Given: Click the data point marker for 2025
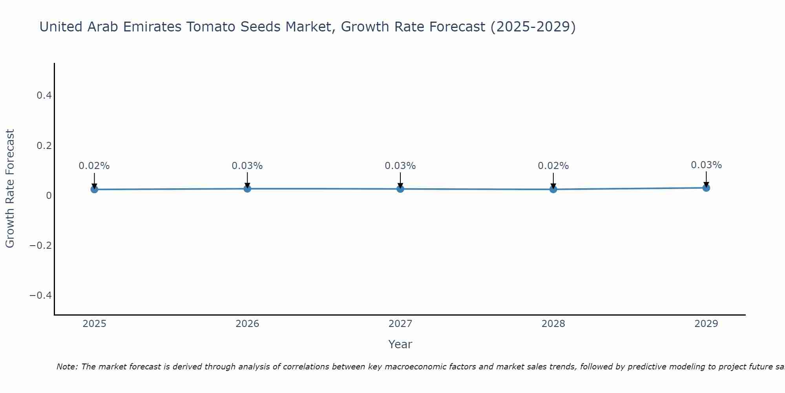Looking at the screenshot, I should [94, 189].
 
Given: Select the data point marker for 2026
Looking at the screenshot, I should [247, 189].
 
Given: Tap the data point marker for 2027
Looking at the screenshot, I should [400, 189].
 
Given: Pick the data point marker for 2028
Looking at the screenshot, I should [553, 189].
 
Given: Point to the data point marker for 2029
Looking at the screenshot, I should [706, 188].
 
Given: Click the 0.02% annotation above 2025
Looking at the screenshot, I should [94, 166].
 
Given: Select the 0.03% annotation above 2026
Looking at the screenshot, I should [247, 166].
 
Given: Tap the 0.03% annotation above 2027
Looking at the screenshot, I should [400, 166].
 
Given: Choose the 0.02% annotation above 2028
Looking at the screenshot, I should [553, 166].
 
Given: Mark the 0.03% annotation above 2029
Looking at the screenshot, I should [706, 165].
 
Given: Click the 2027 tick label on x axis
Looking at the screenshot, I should [400, 324].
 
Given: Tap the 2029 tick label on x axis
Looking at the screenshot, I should [706, 324].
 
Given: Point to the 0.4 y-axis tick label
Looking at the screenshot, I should [44, 95].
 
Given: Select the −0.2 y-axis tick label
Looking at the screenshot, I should [40, 246].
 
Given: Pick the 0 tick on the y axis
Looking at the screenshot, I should [49, 195].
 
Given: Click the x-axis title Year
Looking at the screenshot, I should [400, 344].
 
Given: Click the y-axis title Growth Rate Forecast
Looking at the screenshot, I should [10, 189].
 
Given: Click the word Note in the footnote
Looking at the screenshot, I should [67, 367].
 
